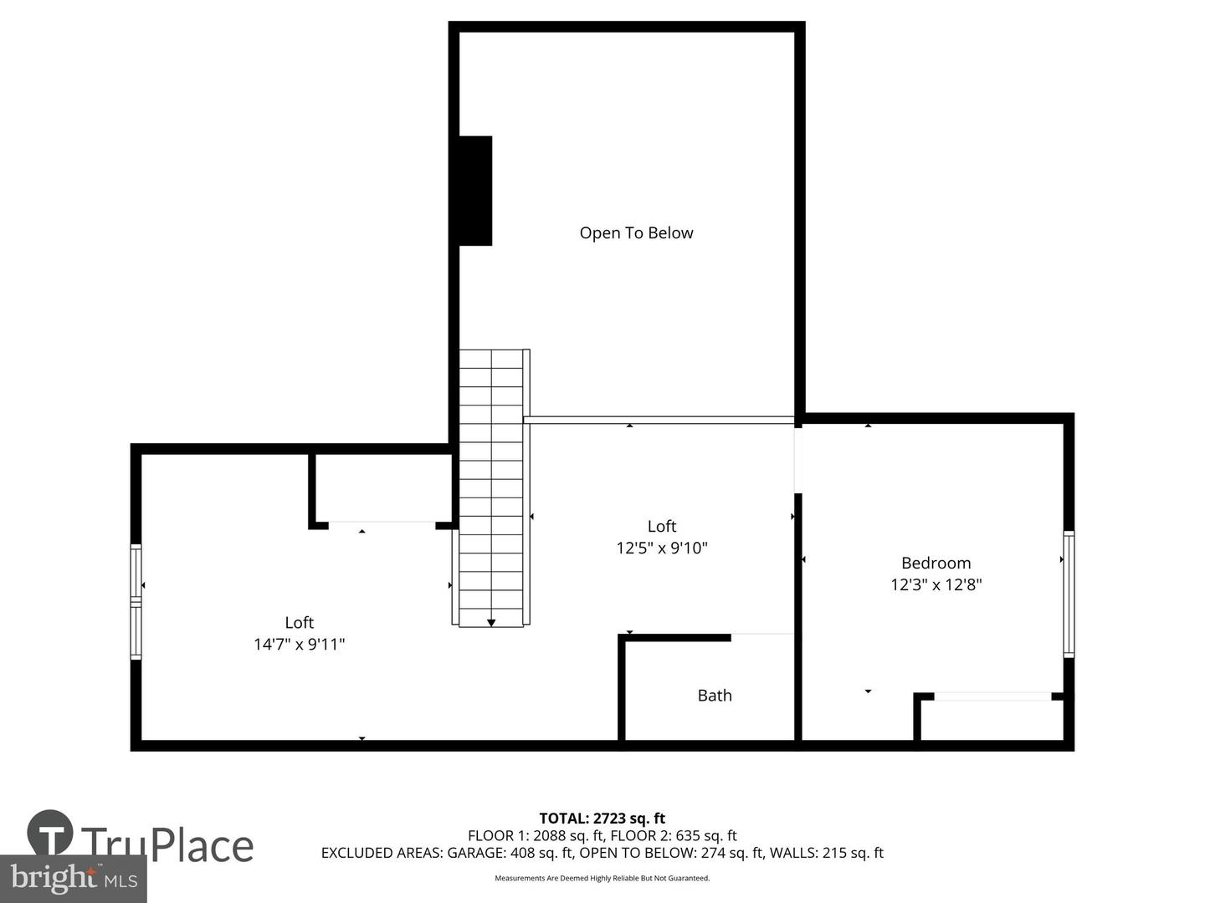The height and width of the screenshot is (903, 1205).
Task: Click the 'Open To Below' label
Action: coord(636,233)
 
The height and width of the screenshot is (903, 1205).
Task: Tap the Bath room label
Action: coord(715,695)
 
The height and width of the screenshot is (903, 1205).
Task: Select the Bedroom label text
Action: coord(936,563)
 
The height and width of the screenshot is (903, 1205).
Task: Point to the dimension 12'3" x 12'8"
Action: coord(936,584)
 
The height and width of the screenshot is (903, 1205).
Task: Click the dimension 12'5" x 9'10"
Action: coord(662,548)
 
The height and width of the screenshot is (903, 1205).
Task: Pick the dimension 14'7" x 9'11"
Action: coord(299,644)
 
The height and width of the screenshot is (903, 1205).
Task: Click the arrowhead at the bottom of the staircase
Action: coord(490,623)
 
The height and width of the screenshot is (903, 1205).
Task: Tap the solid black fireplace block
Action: coord(474,191)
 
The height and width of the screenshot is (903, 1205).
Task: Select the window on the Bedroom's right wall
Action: coord(1069,594)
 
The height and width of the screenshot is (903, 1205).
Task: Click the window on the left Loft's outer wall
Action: coord(136,601)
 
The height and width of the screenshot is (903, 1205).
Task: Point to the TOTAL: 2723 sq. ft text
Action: coord(602,818)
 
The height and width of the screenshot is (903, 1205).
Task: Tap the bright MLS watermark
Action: coord(74,878)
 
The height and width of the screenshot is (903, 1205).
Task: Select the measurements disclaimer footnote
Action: coord(602,878)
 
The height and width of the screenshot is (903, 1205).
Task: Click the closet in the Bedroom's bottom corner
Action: coord(992,720)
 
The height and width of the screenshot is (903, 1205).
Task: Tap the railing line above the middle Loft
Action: coord(659,420)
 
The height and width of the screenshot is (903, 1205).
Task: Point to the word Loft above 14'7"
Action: coord(299,622)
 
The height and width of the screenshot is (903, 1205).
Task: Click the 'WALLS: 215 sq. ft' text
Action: coord(826,853)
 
